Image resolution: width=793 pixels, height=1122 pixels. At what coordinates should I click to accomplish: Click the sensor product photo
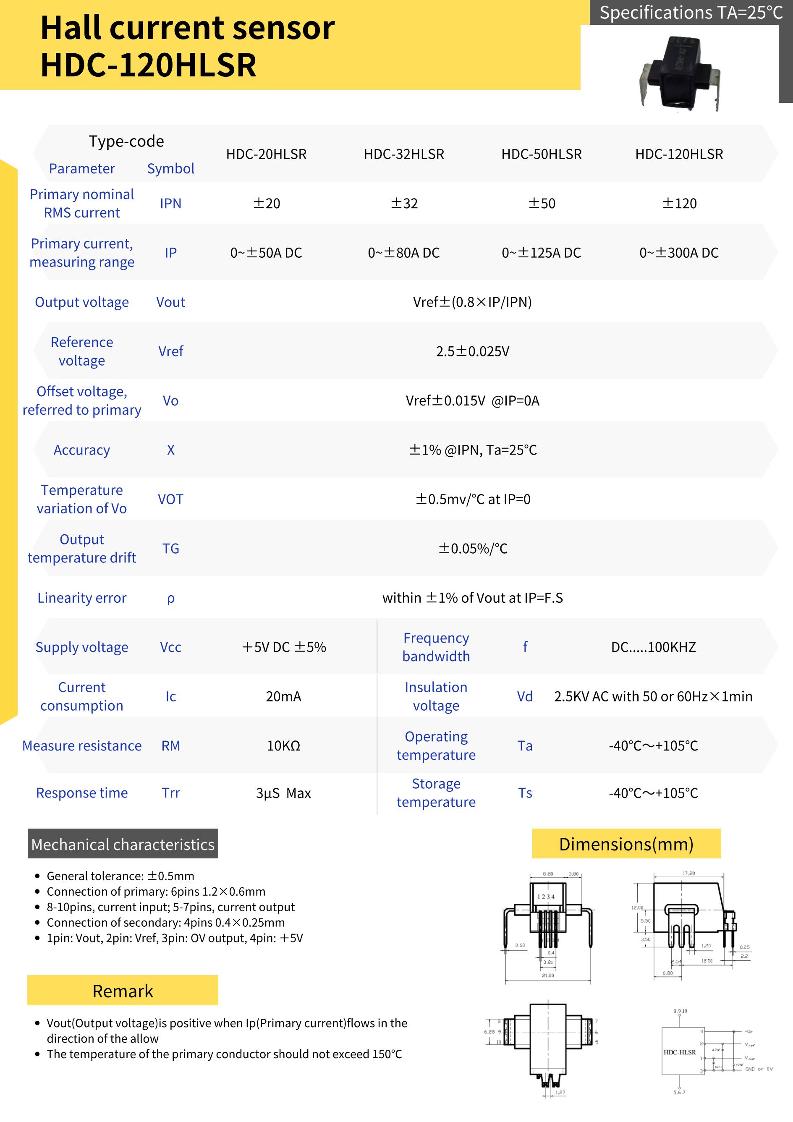point(680,73)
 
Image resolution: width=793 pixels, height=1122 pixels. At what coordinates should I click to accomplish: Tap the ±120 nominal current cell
point(679,203)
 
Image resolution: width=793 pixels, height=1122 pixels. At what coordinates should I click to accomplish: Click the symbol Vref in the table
point(170,351)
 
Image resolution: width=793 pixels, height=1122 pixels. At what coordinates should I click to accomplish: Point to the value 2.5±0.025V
point(472,351)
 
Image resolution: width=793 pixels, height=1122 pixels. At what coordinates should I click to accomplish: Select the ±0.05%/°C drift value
point(472,548)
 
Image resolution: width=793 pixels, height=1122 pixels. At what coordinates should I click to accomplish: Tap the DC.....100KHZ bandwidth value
point(653,647)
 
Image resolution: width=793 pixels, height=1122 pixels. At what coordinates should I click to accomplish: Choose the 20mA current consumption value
point(283,696)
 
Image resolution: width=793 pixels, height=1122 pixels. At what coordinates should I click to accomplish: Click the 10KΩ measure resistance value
point(283,746)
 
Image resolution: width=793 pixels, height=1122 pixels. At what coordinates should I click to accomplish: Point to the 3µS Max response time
point(283,792)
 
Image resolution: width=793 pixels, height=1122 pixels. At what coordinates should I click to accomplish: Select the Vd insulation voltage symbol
point(525,696)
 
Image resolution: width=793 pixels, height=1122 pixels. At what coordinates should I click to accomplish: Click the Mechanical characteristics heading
point(123,845)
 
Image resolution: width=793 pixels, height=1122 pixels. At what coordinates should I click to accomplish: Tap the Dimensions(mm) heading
point(626,845)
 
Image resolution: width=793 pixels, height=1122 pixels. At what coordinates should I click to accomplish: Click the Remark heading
point(123,991)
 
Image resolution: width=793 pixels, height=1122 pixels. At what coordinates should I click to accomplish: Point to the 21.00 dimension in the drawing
point(548,976)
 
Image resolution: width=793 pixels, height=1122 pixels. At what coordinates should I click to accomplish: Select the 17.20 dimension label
point(688,873)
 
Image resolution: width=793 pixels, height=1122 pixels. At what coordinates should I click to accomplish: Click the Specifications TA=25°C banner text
point(691,13)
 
